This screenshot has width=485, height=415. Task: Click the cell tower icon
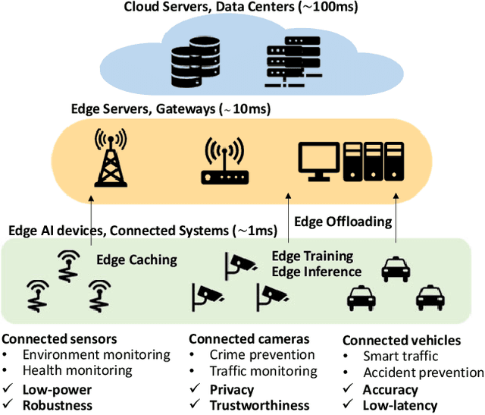pyautogui.click(x=109, y=158)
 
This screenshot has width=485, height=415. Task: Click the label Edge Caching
pyautogui.click(x=136, y=259)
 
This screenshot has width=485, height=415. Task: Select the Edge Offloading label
pyautogui.click(x=343, y=222)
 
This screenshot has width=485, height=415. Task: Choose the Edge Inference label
pyautogui.click(x=316, y=271)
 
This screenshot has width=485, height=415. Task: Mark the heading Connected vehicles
pyautogui.click(x=401, y=341)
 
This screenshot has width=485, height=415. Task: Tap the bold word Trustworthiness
pyautogui.click(x=260, y=406)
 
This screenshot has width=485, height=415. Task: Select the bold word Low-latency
pyautogui.click(x=400, y=406)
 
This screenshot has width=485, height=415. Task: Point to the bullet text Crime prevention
pyautogui.click(x=261, y=355)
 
